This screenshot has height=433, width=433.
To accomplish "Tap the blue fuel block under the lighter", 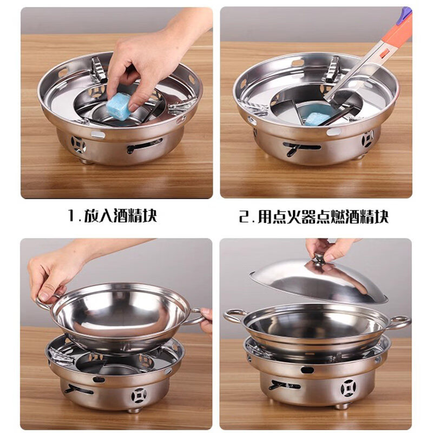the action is (314, 119).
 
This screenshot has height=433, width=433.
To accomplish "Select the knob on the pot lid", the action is (320, 259).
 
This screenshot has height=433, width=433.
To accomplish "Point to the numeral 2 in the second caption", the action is (245, 216).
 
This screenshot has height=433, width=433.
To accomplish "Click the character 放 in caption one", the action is (93, 215).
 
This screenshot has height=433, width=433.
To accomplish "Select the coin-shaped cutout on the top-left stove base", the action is (78, 144).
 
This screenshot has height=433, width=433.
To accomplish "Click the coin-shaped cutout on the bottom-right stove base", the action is (347, 388).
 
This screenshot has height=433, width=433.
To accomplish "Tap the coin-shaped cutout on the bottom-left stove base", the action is (139, 396).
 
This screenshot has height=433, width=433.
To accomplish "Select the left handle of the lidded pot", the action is (234, 317).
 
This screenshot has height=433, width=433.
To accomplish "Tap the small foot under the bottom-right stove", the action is (343, 406).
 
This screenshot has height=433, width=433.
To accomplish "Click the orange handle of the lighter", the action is (392, 38).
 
